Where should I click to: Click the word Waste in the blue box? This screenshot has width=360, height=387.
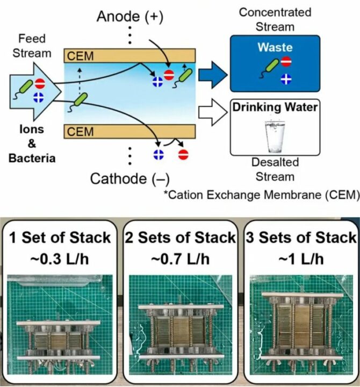pos(275,48)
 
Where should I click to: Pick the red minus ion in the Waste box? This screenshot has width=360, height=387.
pos(286,61)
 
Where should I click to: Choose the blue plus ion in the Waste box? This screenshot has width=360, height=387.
pos(286,80)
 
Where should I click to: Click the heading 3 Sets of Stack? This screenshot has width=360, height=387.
pos(299,238)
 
